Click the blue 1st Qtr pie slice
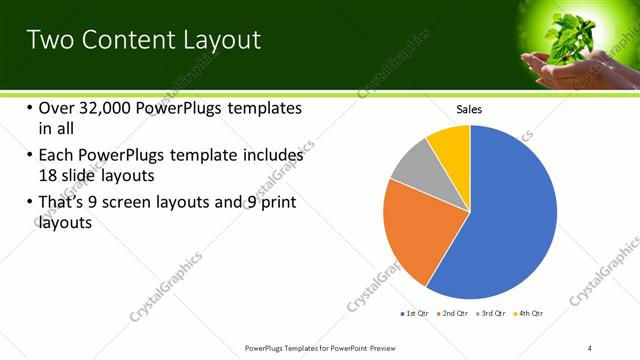coord(505,220)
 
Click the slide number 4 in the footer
coord(590,347)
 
